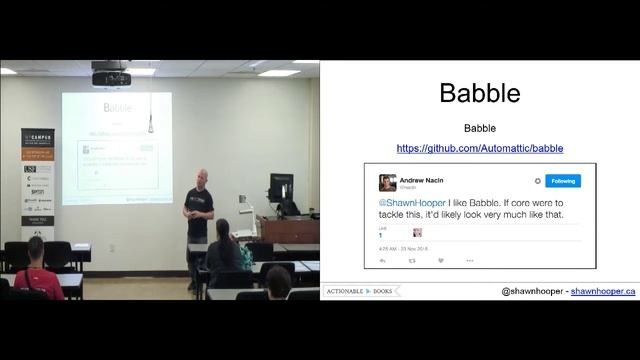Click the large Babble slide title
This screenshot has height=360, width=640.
(x=479, y=94)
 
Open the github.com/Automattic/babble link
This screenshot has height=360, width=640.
(x=479, y=148)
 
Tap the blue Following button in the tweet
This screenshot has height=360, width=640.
(x=563, y=181)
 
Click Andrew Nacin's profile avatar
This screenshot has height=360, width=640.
(x=387, y=182)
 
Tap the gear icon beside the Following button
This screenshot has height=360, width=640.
(x=537, y=181)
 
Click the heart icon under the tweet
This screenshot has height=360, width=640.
(x=440, y=260)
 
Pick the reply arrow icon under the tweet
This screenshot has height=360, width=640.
(x=383, y=260)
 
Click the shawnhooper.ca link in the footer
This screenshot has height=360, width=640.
(x=603, y=291)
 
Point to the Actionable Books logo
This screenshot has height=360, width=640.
(x=362, y=291)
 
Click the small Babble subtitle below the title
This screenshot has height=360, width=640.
(x=479, y=129)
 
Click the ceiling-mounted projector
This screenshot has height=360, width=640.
(x=111, y=76)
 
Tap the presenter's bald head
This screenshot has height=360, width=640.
(x=202, y=175)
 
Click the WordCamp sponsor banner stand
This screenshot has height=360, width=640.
(x=38, y=170)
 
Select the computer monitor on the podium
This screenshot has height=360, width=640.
(x=281, y=187)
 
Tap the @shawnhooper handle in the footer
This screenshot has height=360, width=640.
(x=533, y=291)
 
